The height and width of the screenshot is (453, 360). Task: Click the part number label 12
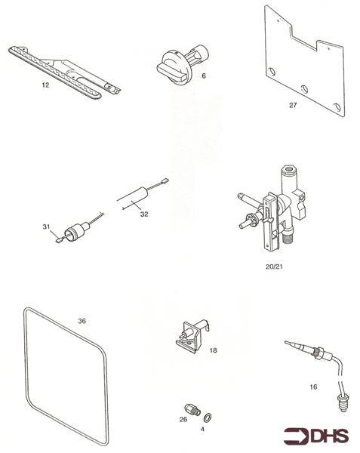(x=45, y=85)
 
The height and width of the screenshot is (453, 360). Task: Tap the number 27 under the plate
(x=293, y=105)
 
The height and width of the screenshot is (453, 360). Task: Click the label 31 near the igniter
(x=46, y=226)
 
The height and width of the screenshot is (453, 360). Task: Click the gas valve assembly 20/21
(x=277, y=208)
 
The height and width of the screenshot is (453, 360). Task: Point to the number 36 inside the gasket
(x=82, y=320)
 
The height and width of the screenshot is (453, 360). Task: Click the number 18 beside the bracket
(x=213, y=350)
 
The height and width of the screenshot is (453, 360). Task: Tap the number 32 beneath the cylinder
(x=146, y=214)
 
